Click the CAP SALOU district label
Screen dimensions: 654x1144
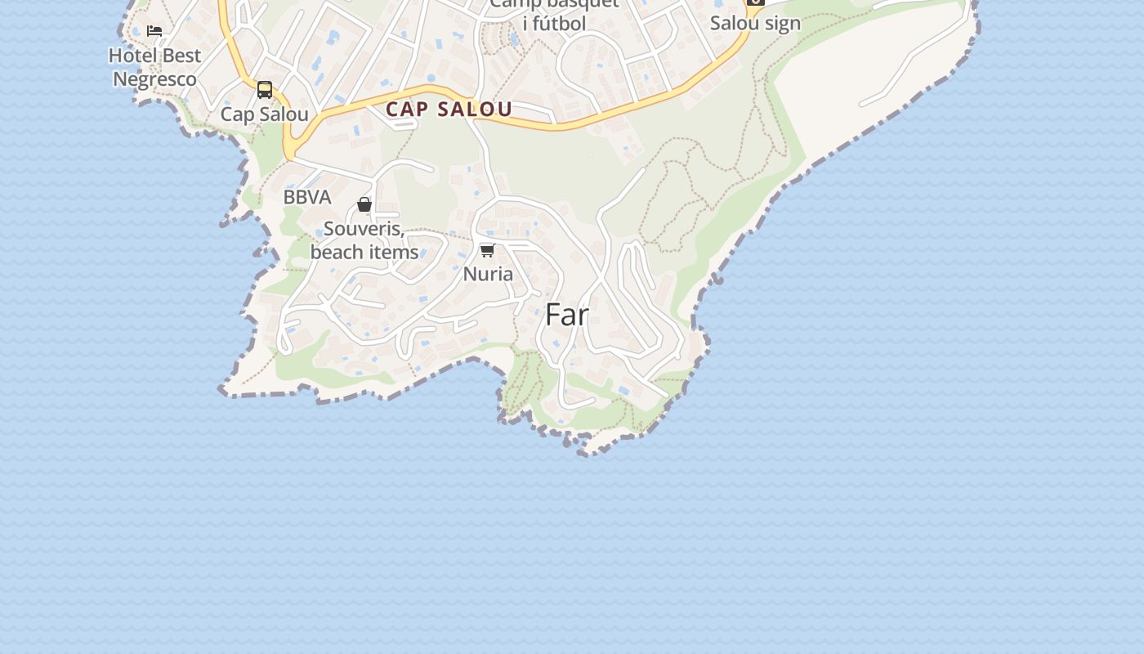(449, 110)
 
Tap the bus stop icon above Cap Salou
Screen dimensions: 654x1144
(265, 90)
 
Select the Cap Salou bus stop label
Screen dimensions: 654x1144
(264, 114)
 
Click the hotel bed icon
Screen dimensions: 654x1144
(154, 31)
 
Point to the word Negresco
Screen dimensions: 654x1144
(154, 79)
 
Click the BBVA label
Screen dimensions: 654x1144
(307, 198)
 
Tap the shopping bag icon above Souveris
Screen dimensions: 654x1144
(364, 204)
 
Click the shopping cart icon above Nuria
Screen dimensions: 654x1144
(488, 250)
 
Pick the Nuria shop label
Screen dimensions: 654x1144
(488, 274)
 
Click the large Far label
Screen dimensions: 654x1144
(566, 315)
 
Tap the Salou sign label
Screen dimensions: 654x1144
(755, 23)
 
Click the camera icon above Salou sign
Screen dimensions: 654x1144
(756, 2)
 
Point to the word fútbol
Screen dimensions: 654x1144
(554, 24)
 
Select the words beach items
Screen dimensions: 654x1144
(364, 253)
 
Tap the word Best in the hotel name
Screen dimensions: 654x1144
(181, 56)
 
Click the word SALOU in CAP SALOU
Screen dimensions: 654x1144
(474, 110)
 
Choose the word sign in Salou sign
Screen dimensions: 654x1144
(782, 23)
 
